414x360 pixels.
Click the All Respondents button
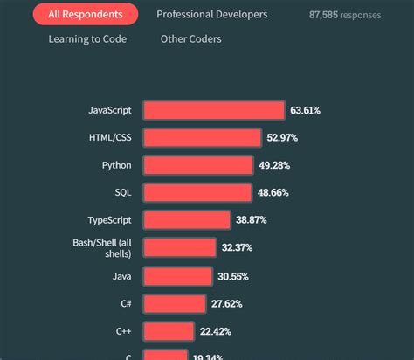[85, 15]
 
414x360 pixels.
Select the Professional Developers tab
[211, 15]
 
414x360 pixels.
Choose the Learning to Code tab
[87, 39]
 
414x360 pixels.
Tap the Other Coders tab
[190, 39]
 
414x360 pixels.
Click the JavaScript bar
[214, 110]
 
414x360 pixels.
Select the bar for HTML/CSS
[202, 138]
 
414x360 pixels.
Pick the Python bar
[197, 165]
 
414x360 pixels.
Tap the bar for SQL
[197, 192]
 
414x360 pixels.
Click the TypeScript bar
[186, 220]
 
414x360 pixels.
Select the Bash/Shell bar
[178, 248]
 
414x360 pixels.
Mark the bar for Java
[176, 276]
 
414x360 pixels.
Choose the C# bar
[173, 304]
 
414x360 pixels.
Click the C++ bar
[168, 331]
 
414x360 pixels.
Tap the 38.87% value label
[251, 220]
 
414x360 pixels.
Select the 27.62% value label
[226, 304]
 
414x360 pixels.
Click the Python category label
[116, 165]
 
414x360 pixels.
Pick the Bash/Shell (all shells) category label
[102, 247]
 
